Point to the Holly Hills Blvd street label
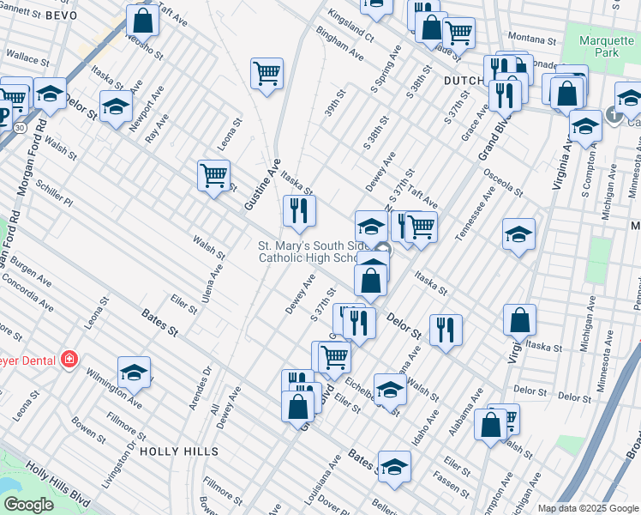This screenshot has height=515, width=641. coord(57,481)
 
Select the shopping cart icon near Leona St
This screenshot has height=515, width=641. coord(214,175)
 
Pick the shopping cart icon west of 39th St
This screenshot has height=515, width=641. coord(267,73)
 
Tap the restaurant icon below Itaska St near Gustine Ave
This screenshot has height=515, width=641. coord(299,210)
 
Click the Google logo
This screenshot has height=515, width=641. coord(28,504)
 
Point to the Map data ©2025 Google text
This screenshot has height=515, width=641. coord(587,507)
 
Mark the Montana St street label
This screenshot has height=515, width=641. coord(533,38)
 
